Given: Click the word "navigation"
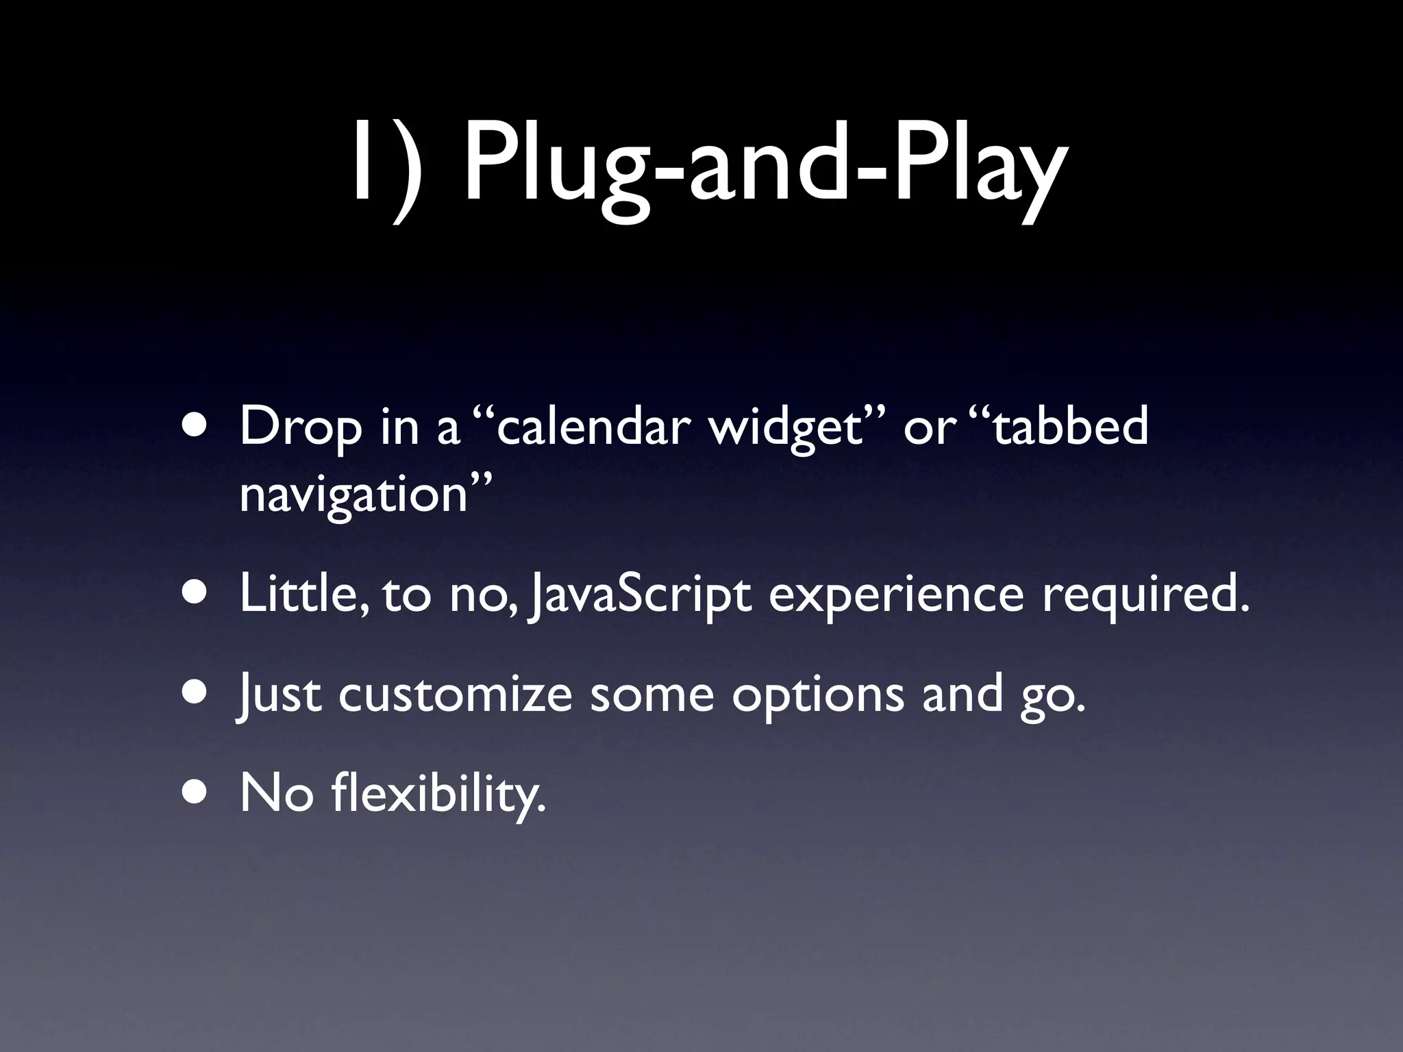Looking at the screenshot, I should click(353, 494).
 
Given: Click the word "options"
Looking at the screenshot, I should click(818, 696).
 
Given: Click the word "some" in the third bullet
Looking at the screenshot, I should click(651, 694).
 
